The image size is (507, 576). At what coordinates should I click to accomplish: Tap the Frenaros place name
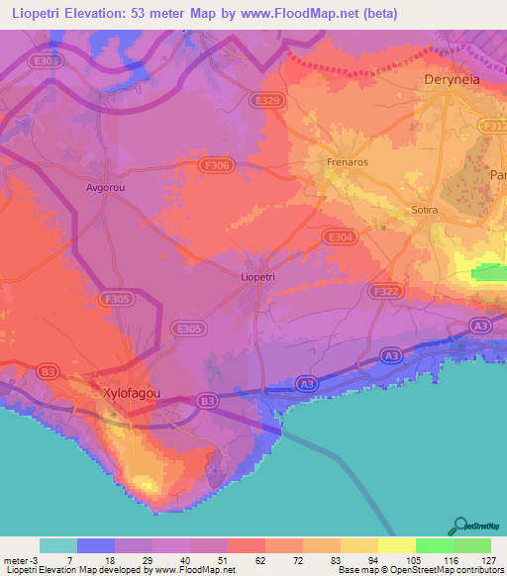click(x=347, y=160)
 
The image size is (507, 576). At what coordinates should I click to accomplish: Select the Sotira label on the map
click(x=424, y=210)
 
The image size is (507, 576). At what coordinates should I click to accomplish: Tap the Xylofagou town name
click(x=132, y=392)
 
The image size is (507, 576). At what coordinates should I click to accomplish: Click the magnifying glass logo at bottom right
click(x=460, y=526)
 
